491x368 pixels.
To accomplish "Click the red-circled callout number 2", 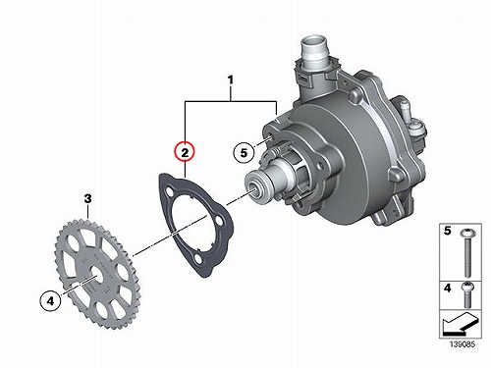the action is click(185, 152).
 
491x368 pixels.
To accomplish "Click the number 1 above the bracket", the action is click(231, 80).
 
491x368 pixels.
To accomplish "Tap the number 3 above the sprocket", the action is click(87, 198).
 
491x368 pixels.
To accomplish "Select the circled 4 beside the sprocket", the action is click(50, 300).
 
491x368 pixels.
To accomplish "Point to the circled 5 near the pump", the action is click(244, 152).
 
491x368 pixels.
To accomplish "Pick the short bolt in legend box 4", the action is click(467, 294).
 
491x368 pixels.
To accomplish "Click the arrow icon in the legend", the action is click(459, 324).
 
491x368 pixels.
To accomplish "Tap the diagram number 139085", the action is click(463, 344).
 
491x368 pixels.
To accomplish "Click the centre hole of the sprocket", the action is click(96, 272).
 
